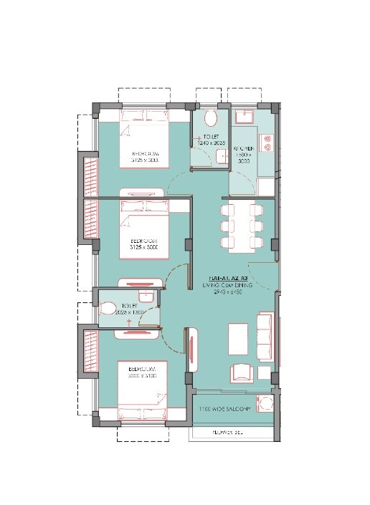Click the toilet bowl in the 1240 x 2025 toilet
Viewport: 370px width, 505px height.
coord(211,117)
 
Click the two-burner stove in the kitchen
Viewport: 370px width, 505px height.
coord(267,145)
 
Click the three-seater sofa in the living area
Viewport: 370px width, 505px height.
coord(265,339)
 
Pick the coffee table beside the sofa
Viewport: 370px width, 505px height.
coord(237,336)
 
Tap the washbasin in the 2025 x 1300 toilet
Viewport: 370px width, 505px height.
coord(145,297)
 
